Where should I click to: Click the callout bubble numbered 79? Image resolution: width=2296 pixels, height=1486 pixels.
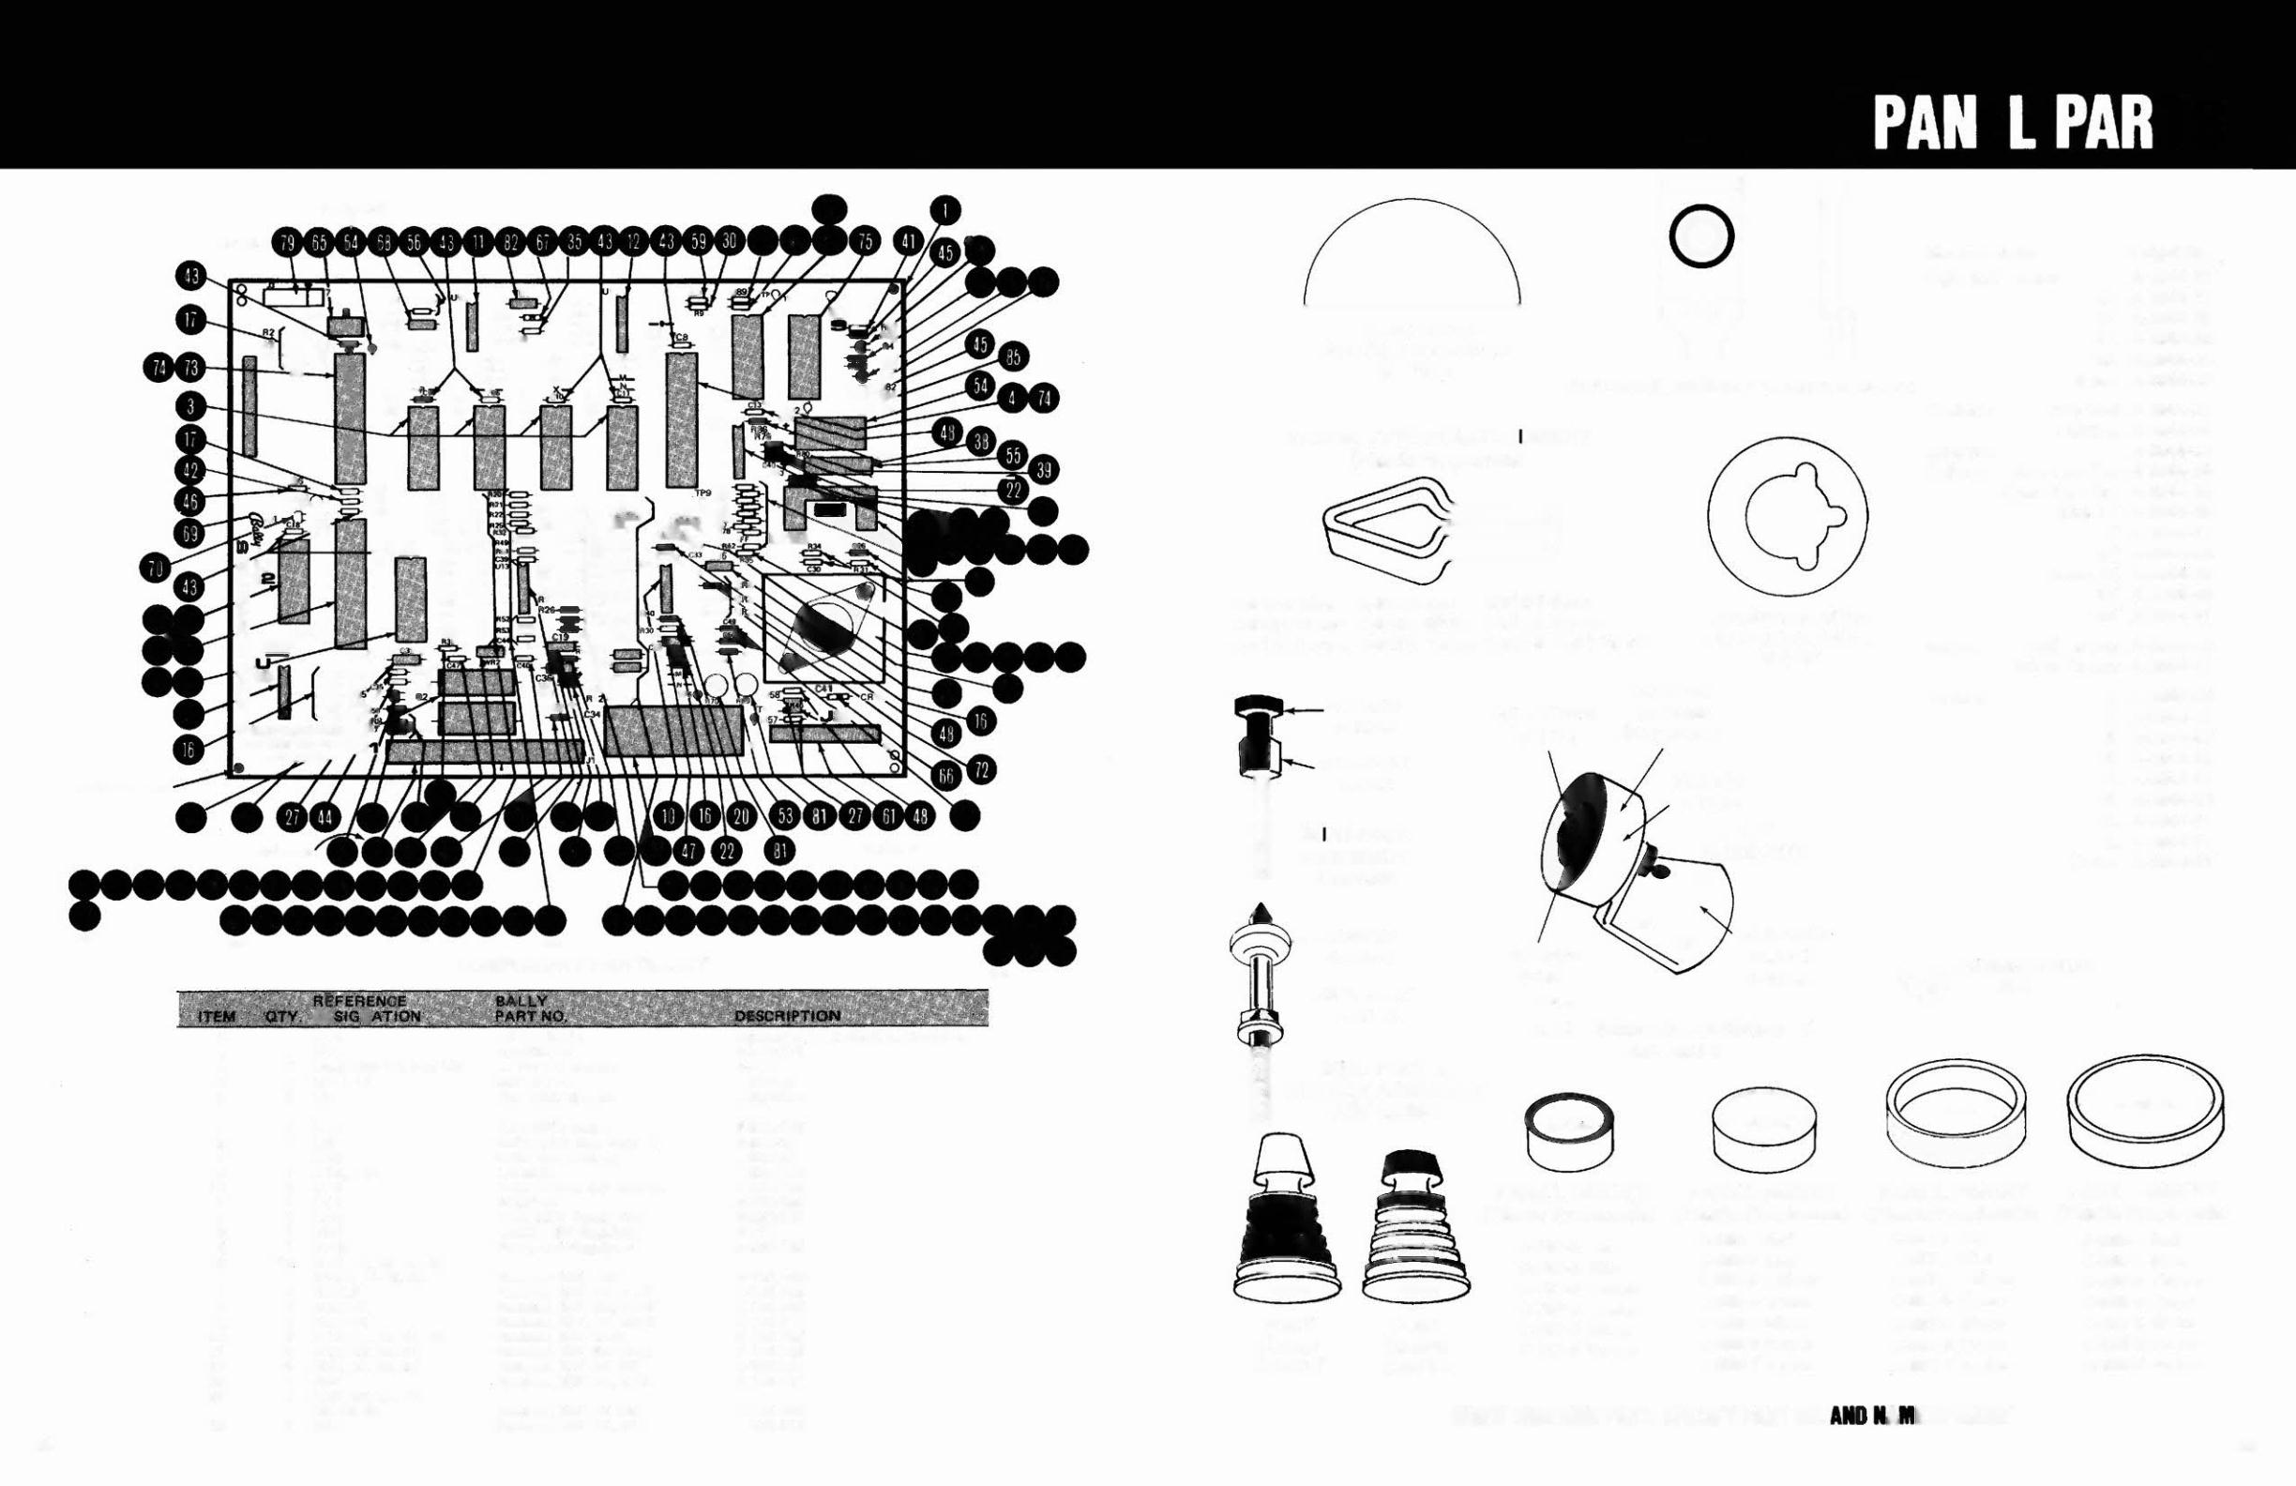click(x=288, y=243)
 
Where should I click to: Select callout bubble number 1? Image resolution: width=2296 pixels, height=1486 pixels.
click(x=945, y=209)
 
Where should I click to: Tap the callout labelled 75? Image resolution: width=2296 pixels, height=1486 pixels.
click(x=865, y=242)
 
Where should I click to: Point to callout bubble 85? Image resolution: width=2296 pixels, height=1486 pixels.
click(x=1012, y=357)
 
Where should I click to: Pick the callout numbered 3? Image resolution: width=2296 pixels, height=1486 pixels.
click(x=191, y=406)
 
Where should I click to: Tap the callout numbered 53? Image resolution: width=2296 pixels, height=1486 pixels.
click(x=786, y=816)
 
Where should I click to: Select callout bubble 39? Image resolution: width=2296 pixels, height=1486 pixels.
click(x=1043, y=470)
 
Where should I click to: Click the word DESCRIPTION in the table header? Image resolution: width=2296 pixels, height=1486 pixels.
click(x=787, y=1016)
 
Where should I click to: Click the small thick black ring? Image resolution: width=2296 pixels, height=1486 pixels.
click(x=1700, y=235)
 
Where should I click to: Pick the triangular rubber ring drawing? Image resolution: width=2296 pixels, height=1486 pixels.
click(x=1384, y=531)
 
